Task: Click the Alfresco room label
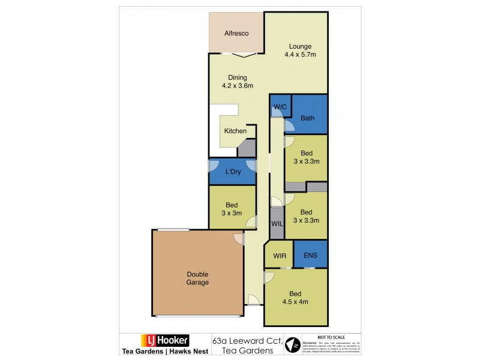[x=236, y=34]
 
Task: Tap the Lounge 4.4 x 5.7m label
[x=300, y=50]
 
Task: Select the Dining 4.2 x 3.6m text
[x=237, y=81]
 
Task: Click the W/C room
[x=280, y=107]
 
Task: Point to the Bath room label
[x=307, y=118]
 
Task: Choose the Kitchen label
[x=235, y=131]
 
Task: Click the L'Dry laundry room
[x=232, y=171]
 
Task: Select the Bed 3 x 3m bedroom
[x=232, y=208]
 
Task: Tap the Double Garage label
[x=197, y=278]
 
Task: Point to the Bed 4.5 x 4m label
[x=296, y=298]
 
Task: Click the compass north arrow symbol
[x=293, y=346]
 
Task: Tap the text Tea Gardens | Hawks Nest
[x=164, y=352]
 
